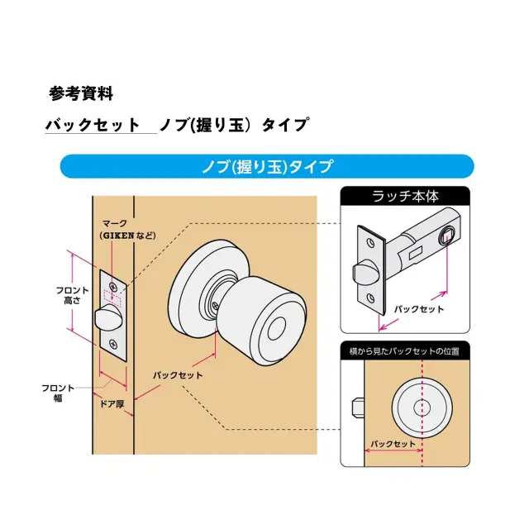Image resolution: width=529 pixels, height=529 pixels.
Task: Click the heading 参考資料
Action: pos(81,93)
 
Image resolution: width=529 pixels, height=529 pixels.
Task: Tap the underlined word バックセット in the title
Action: pos(93,125)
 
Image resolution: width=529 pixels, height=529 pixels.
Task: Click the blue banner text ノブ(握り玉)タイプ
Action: pos(267,166)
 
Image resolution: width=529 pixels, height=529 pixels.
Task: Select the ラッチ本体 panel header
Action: pos(405,196)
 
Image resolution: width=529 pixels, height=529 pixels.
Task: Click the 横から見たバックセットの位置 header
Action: pos(404,351)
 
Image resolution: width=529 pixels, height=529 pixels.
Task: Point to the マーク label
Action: pos(115,223)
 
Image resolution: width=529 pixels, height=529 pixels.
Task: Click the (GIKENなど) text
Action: pos(128,235)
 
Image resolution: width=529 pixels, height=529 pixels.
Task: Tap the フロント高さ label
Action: pos(72,295)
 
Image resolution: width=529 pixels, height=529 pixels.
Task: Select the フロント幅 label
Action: pos(58,393)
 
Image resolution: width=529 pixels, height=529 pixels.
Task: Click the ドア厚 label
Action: pos(112,403)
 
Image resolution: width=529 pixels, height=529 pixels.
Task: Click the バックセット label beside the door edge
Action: pos(178,375)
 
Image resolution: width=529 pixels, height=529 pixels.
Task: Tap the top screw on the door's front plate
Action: pos(113,287)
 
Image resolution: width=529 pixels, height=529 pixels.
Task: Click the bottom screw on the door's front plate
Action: pos(112,344)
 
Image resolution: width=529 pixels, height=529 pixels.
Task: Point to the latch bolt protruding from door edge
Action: pos(107,317)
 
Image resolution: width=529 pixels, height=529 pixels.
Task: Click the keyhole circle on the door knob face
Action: pos(276,329)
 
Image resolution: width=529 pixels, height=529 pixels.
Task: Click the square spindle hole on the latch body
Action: pos(446,233)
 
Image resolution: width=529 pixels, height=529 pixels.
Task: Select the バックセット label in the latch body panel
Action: pos(419,309)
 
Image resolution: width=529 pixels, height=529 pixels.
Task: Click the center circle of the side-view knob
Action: pos(422,407)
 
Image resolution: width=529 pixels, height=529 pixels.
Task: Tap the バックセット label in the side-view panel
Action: pos(393,444)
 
